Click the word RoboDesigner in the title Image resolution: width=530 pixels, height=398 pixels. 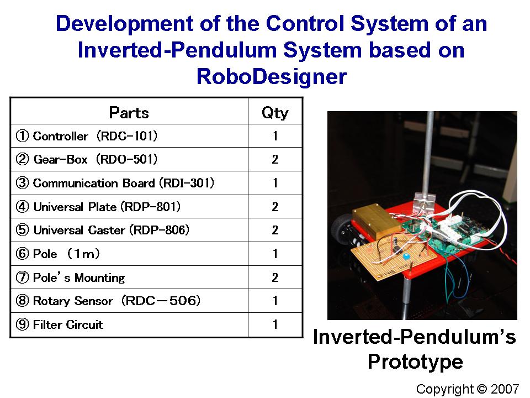pos(272,76)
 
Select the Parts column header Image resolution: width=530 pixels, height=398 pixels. pos(129,113)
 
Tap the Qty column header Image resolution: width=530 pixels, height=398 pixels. pos(275,113)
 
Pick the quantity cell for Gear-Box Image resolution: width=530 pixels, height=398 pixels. pos(275,159)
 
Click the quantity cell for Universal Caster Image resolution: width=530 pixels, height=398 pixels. pos(275,230)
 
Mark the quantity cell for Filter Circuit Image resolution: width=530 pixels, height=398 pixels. pos(275,324)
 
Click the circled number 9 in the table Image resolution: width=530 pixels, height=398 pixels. pos(22,324)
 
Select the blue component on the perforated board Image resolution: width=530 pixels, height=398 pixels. pos(406,256)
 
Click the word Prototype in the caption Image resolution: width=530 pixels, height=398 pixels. pos(415,362)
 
